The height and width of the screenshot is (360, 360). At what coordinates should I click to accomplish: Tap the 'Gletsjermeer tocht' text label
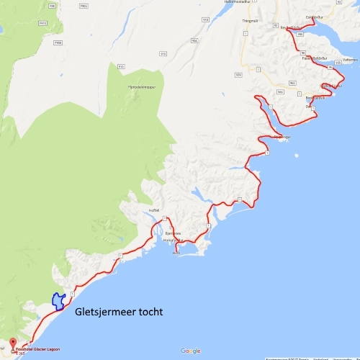point(119,312)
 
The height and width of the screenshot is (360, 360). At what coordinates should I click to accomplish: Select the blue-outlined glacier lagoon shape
point(57,301)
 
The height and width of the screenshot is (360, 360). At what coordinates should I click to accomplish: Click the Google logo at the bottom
point(190,351)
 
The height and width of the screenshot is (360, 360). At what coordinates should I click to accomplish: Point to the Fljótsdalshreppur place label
point(141,86)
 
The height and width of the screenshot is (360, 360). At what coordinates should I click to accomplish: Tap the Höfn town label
point(176,253)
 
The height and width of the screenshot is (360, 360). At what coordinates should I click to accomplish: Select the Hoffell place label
point(153,210)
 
